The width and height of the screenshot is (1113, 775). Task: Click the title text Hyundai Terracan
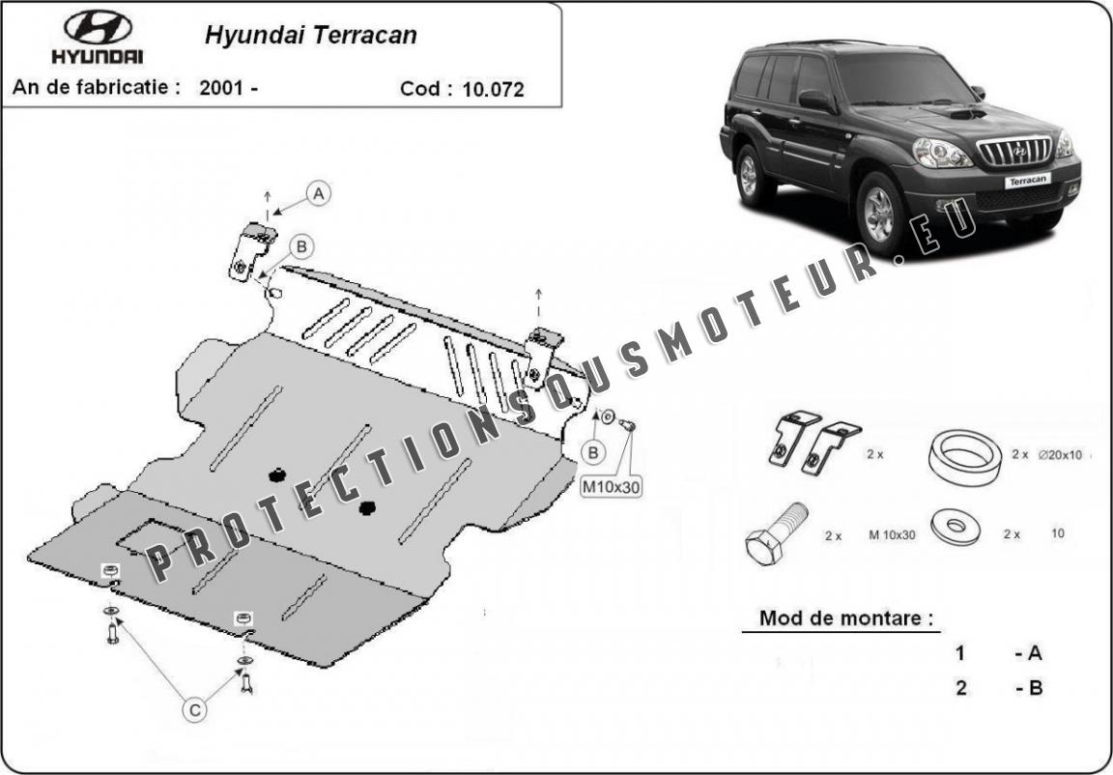pos(310,36)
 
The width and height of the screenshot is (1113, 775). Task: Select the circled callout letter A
pos(320,193)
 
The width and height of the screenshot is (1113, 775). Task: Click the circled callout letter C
pos(194,710)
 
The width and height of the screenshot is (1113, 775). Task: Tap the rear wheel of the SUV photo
pos(748,176)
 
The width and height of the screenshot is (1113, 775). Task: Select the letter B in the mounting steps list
pos(1034,688)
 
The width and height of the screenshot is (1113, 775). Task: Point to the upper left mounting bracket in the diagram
pos(252,249)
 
